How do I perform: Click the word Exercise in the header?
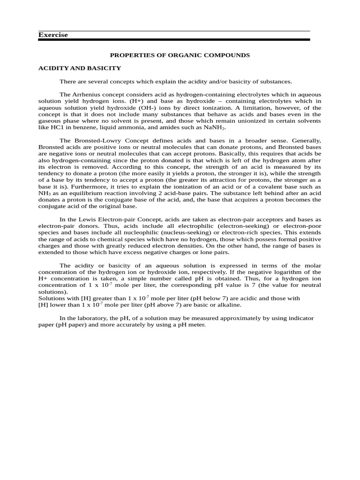53,35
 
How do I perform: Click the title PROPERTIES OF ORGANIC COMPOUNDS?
180,55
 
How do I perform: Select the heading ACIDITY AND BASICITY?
79,68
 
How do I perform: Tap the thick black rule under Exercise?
174,40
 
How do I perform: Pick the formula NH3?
45,187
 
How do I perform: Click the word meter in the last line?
198,324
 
